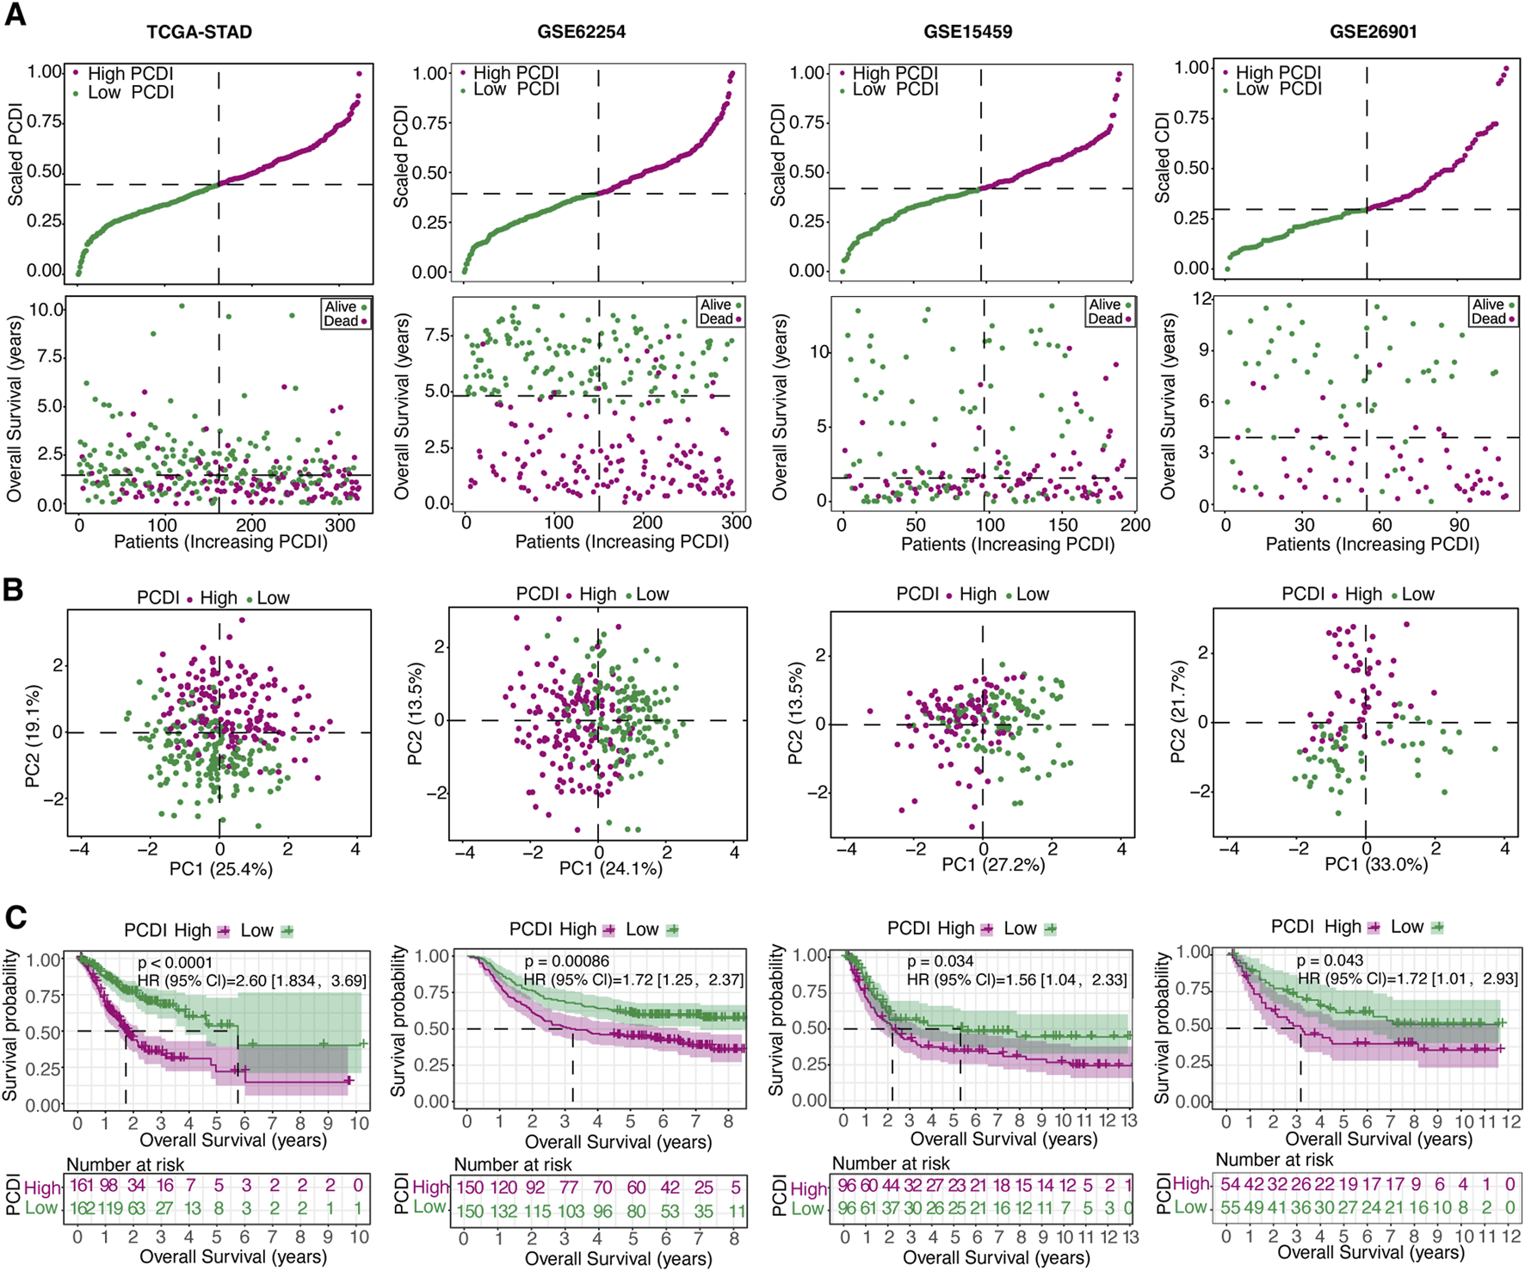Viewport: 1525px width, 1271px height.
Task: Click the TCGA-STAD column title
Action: pos(199,32)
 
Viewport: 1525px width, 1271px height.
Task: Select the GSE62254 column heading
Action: pos(581,32)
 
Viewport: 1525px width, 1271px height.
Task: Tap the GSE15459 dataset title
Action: pos(967,32)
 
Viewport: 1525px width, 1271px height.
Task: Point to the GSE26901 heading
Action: pos(1373,32)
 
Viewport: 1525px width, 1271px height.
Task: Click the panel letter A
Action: pos(15,15)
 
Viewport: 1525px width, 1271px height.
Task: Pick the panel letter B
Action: pos(13,590)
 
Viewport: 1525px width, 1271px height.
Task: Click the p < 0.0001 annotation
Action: pos(175,962)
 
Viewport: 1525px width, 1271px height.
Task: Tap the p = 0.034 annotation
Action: pos(941,960)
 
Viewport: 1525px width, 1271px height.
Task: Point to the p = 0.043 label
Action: pos(1330,959)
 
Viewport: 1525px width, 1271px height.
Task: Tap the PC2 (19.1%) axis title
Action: pos(33,737)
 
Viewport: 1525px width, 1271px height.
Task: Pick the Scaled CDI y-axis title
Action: pos(1163,157)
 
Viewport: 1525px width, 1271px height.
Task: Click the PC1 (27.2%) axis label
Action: pos(993,864)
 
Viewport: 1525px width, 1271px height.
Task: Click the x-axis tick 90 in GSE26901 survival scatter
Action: pos(1460,525)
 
